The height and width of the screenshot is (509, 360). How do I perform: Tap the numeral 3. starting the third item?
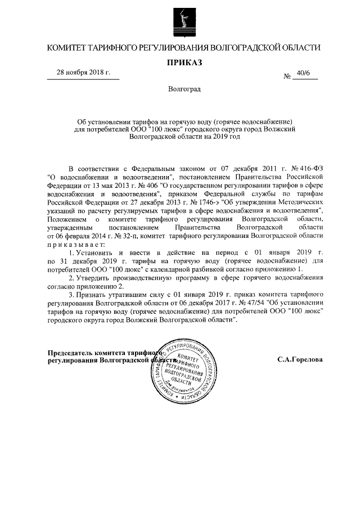pyautogui.click(x=71, y=294)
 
